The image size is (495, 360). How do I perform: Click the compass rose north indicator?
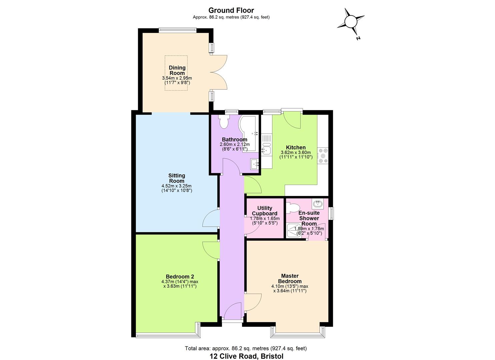click(x=351, y=22)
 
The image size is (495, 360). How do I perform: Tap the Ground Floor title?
click(x=231, y=11)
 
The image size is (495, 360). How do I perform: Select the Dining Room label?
click(x=177, y=70)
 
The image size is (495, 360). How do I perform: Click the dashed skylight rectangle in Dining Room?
click(x=176, y=73)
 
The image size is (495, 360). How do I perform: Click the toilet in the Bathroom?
click(x=224, y=122)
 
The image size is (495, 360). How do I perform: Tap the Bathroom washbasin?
click(x=255, y=164)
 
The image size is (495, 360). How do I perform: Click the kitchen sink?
click(x=266, y=149)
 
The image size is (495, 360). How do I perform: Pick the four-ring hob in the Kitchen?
click(x=323, y=156)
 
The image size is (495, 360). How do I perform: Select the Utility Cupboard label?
click(x=264, y=211)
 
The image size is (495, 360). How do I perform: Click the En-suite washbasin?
click(x=318, y=203)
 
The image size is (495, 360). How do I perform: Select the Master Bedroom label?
click(x=289, y=278)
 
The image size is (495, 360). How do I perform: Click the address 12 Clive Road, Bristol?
click(x=246, y=356)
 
